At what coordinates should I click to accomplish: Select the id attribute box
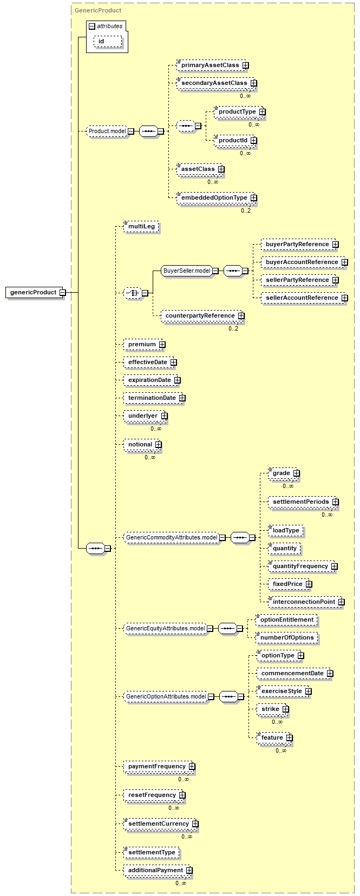point(108,41)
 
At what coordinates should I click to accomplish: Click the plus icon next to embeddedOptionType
point(253,197)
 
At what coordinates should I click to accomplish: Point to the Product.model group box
point(107,131)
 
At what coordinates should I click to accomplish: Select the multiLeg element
point(141,226)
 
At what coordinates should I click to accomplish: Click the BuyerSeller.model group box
point(187,271)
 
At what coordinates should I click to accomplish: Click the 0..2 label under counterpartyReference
point(233,328)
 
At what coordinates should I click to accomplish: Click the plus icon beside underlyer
point(165,416)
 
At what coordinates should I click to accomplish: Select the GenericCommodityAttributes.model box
point(172,537)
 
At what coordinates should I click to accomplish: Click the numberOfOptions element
point(287,637)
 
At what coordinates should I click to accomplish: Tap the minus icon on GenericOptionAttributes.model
point(211,696)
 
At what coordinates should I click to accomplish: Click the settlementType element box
point(152,852)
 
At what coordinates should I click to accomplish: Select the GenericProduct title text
point(98,10)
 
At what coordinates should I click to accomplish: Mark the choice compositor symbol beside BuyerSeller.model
point(133,293)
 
